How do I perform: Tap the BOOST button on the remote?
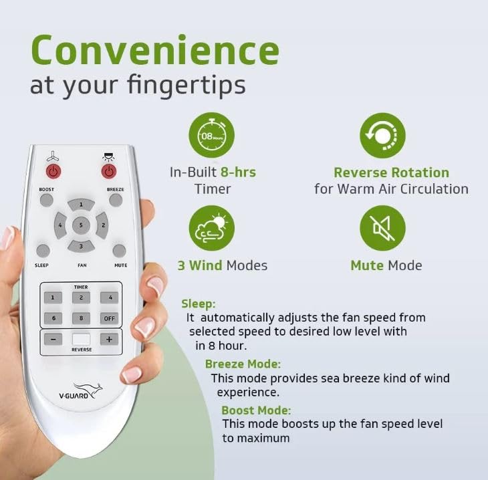[47, 200]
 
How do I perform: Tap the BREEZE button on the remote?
[116, 200]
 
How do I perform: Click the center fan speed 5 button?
[81, 225]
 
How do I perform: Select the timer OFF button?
[109, 318]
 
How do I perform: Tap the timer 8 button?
[82, 318]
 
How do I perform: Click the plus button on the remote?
[109, 339]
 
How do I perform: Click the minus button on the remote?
[53, 339]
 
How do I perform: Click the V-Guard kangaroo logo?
[81, 391]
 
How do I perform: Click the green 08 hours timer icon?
[212, 136]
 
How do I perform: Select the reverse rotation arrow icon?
[382, 136]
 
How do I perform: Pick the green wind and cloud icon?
[212, 228]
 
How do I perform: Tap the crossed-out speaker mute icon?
[382, 228]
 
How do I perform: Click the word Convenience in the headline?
[155, 50]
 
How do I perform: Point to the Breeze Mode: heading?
[243, 364]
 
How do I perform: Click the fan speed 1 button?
[82, 205]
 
